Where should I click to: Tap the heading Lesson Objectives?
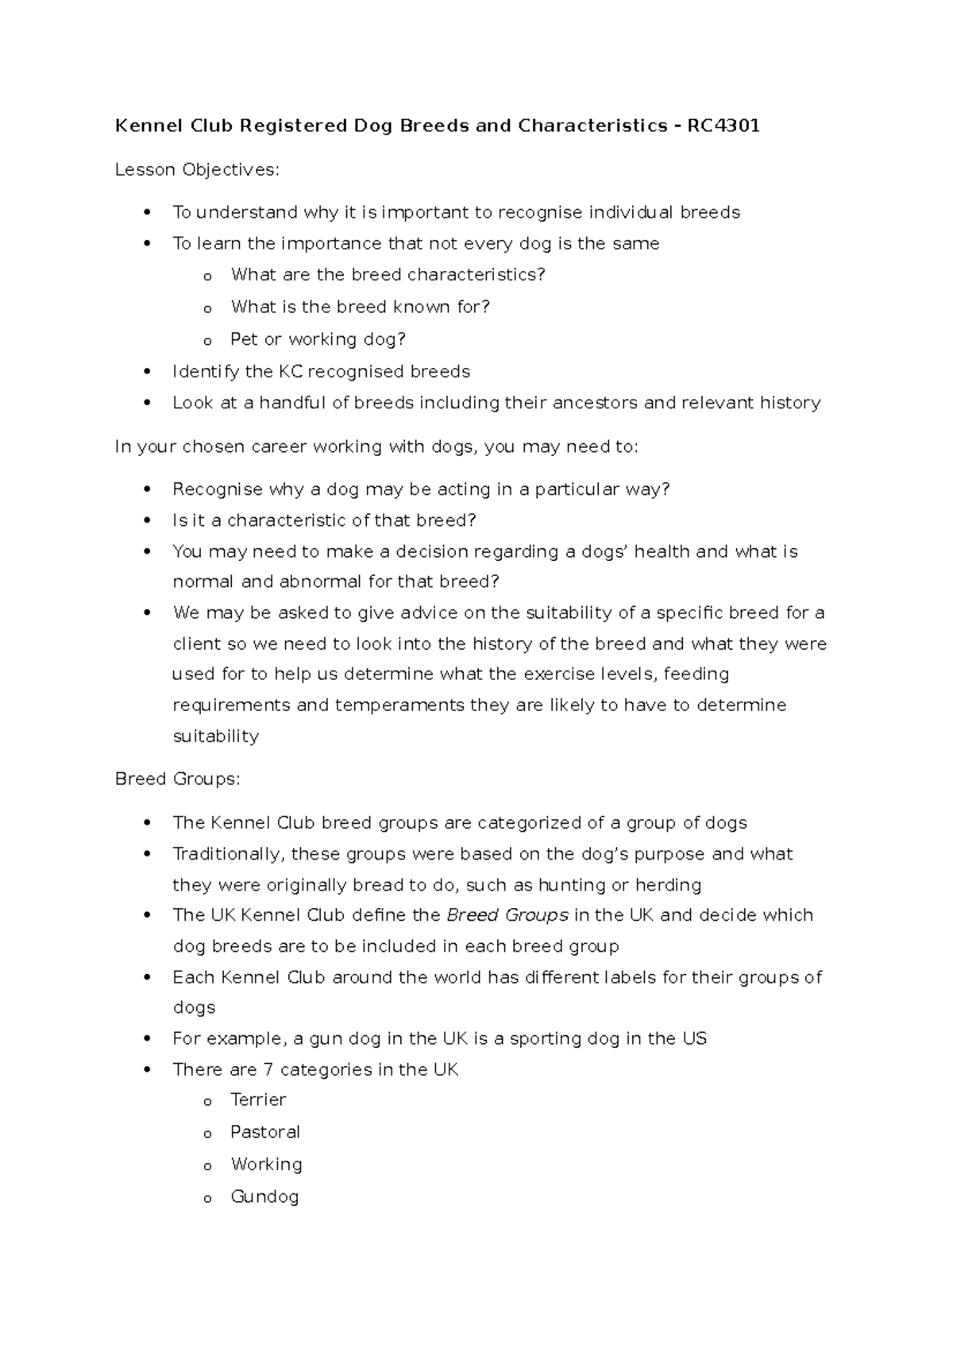197,169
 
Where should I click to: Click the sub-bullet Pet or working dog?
318,339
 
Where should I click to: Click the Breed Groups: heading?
177,779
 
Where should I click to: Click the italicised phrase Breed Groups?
507,915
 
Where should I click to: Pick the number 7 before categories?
268,1070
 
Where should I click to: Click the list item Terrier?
258,1100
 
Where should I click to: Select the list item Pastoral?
265,1132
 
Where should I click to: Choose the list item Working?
266,1165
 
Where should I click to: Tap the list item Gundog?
264,1196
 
